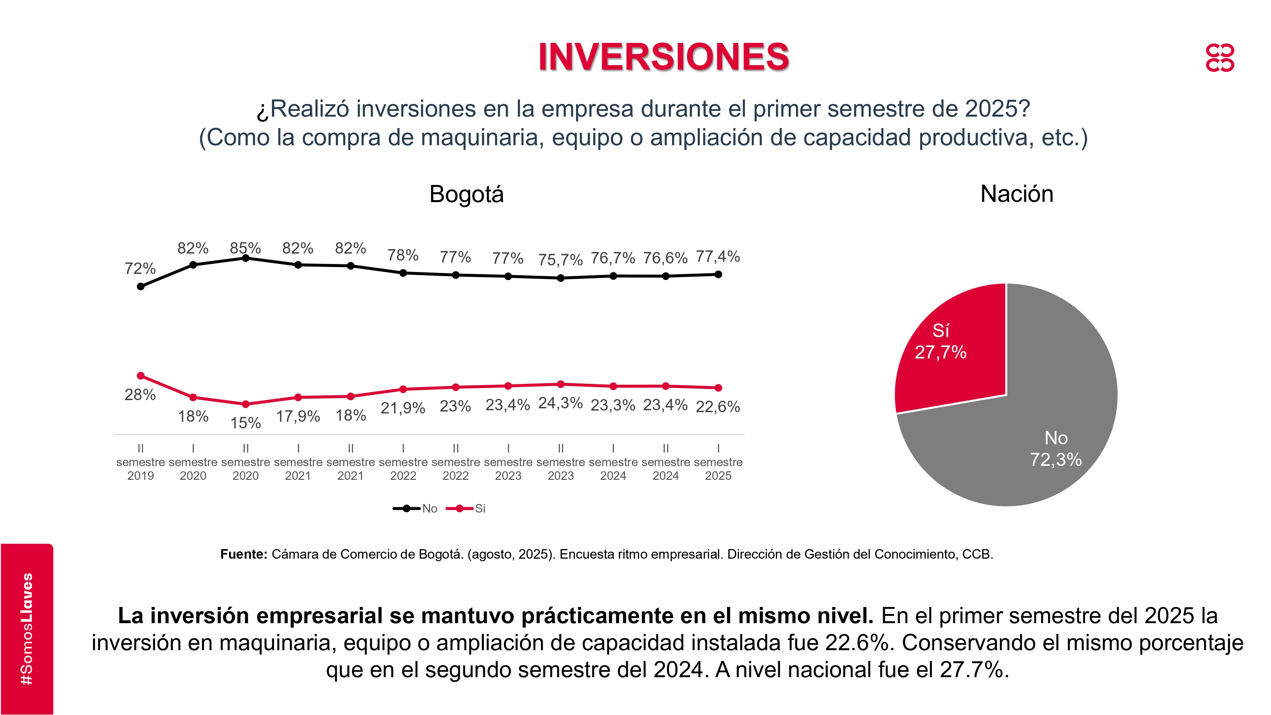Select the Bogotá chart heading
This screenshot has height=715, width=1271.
(x=466, y=194)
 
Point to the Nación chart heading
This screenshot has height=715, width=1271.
(x=1016, y=194)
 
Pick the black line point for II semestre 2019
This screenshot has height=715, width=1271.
(x=141, y=286)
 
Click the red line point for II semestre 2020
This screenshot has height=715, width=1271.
(x=246, y=404)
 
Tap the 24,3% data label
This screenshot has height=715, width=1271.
(x=561, y=403)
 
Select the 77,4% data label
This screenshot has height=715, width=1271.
(x=718, y=256)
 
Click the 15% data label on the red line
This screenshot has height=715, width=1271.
(x=246, y=423)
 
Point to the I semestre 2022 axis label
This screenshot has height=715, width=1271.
(x=403, y=462)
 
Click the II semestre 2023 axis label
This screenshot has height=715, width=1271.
(x=561, y=462)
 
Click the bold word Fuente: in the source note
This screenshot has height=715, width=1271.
(x=244, y=554)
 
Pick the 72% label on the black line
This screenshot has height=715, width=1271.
(x=140, y=269)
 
